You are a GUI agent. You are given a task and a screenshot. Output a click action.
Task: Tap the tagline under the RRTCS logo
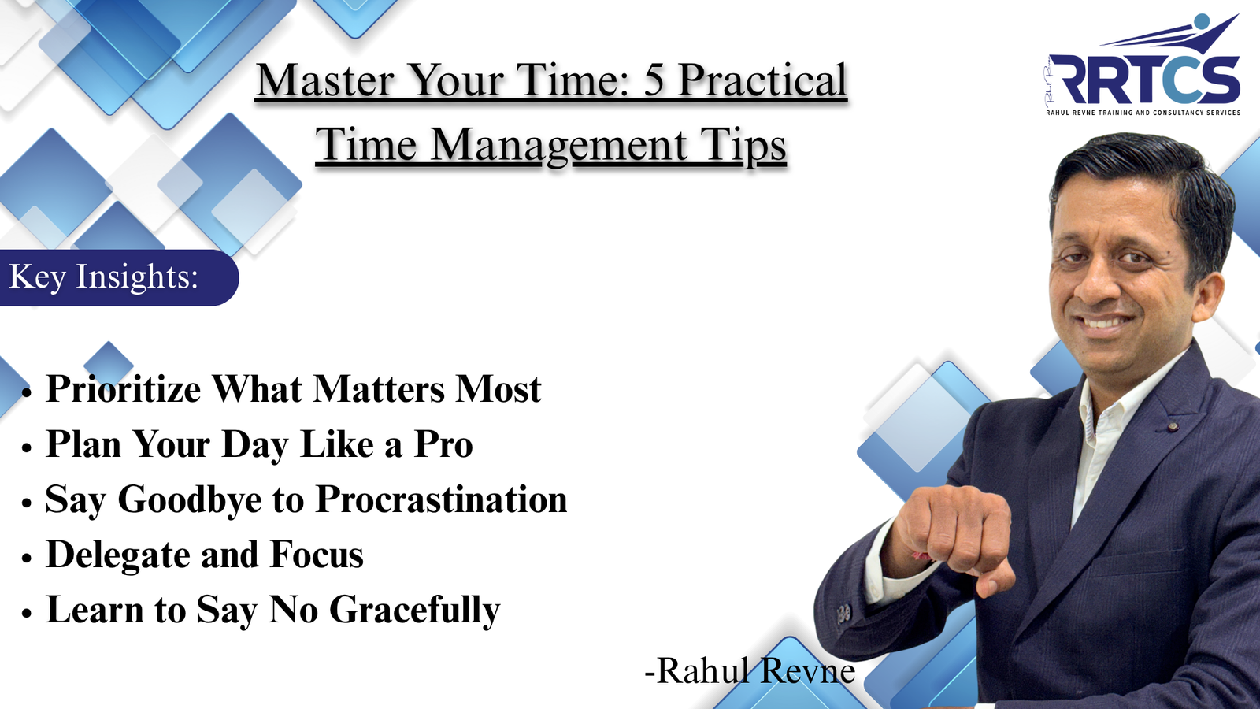[1143, 113]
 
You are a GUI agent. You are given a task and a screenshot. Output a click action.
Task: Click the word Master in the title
[324, 80]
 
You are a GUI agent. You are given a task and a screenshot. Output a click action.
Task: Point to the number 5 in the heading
[654, 80]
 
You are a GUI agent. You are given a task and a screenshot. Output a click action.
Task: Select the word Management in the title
[559, 146]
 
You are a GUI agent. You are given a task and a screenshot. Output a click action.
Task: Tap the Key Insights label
[103, 277]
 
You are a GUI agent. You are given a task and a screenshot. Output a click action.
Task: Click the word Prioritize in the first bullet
[124, 389]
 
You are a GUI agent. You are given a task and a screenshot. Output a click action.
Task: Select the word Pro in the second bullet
[443, 444]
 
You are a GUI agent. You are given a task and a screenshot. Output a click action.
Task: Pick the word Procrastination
[441, 499]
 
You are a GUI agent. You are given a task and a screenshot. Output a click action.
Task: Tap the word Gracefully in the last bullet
[414, 611]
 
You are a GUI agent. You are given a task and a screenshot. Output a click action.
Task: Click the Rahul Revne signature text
[750, 671]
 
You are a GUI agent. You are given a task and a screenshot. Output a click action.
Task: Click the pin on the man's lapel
[1172, 426]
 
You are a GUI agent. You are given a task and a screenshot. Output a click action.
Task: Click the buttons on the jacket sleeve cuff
[843, 612]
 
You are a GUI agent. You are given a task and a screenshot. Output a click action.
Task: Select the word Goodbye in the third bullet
[189, 499]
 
